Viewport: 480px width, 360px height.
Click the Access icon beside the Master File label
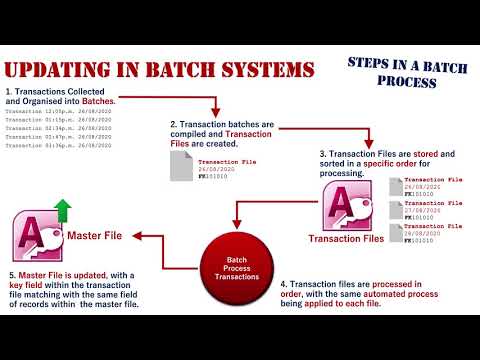pos(36,237)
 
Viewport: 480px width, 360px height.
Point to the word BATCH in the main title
pos(205,71)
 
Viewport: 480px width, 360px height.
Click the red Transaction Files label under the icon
pos(346,238)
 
